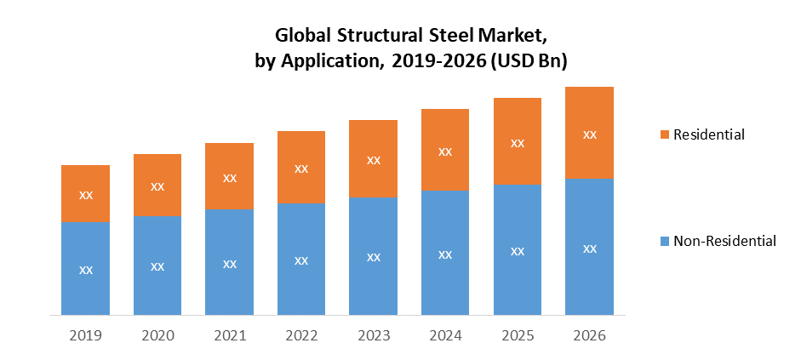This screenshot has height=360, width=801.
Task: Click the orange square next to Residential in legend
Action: [664, 134]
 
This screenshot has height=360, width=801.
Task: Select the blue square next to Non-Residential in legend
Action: [664, 241]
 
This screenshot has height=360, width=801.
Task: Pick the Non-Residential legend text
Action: [724, 241]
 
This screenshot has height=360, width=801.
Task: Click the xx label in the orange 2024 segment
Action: [445, 151]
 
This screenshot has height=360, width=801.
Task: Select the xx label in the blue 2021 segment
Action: [230, 263]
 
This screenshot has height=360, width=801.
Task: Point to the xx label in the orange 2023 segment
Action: [373, 159]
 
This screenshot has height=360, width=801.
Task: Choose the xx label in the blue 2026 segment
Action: [589, 249]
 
